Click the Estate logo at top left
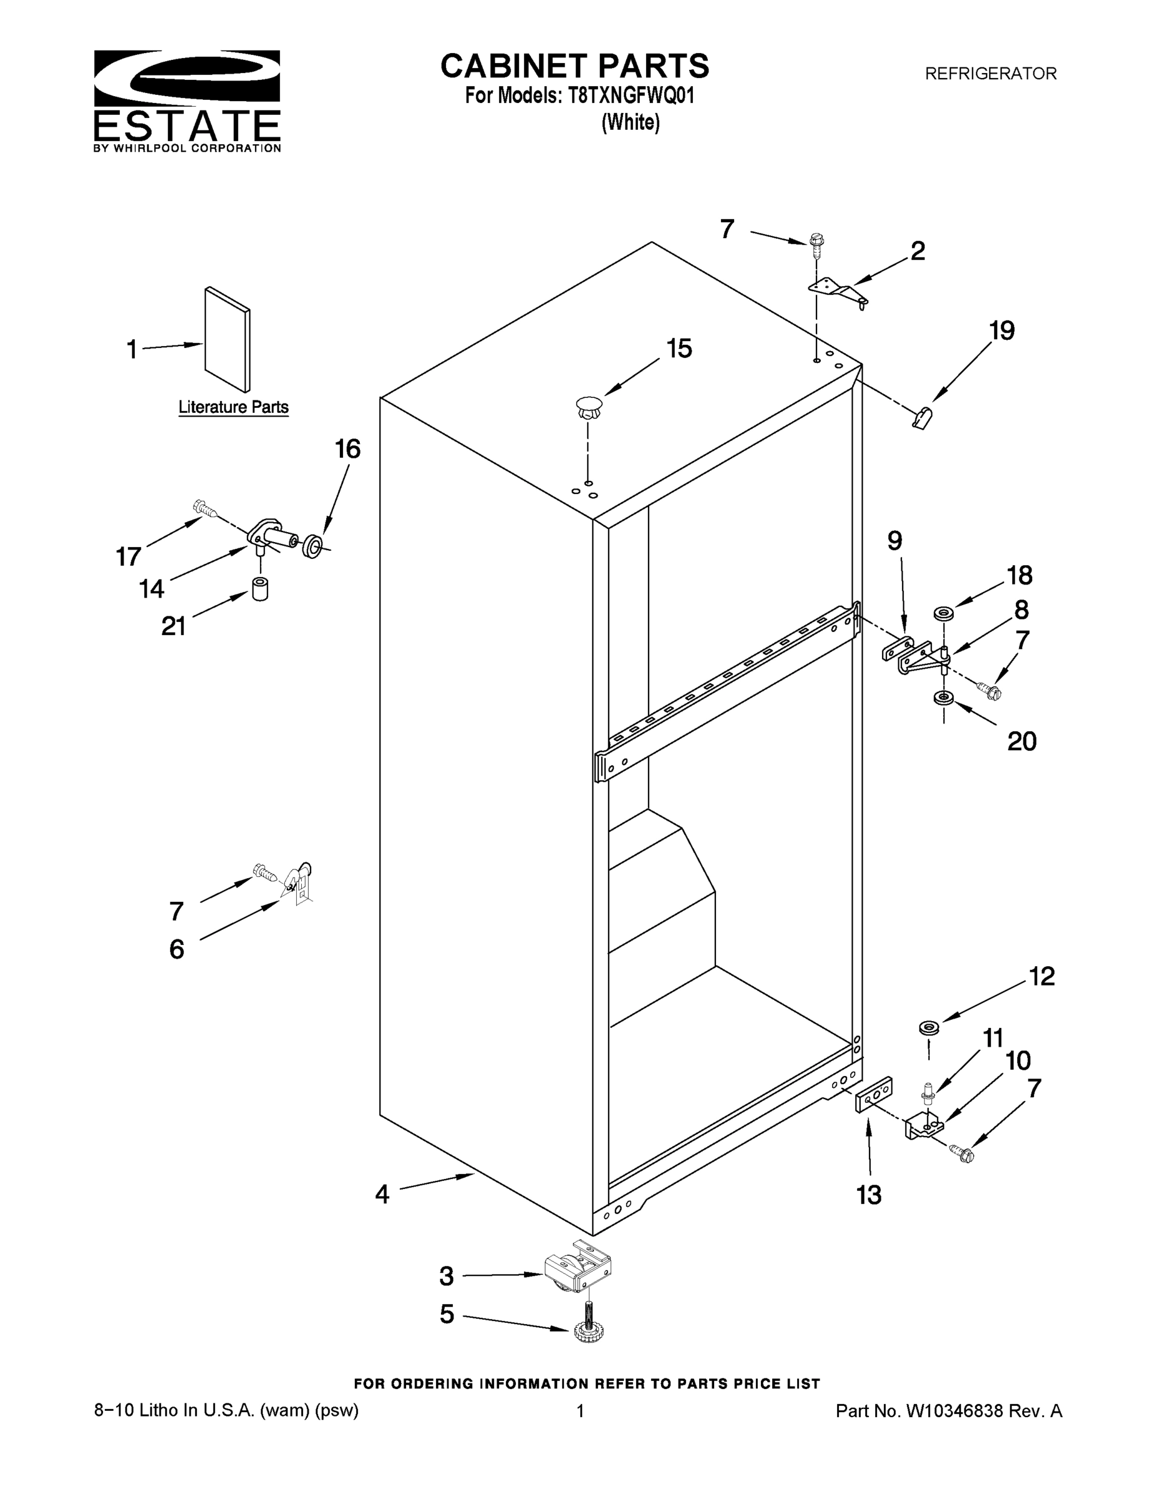coord(186,100)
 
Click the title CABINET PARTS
coord(574,67)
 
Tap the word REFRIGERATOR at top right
coord(990,74)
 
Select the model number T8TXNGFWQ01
coord(631,95)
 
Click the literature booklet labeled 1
coord(228,339)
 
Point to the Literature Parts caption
coord(233,407)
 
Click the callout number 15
coord(679,349)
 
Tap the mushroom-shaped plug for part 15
coord(588,408)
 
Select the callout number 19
coord(1002,331)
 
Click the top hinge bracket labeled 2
coord(838,290)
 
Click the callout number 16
coord(347,450)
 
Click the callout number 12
coord(1042,976)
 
